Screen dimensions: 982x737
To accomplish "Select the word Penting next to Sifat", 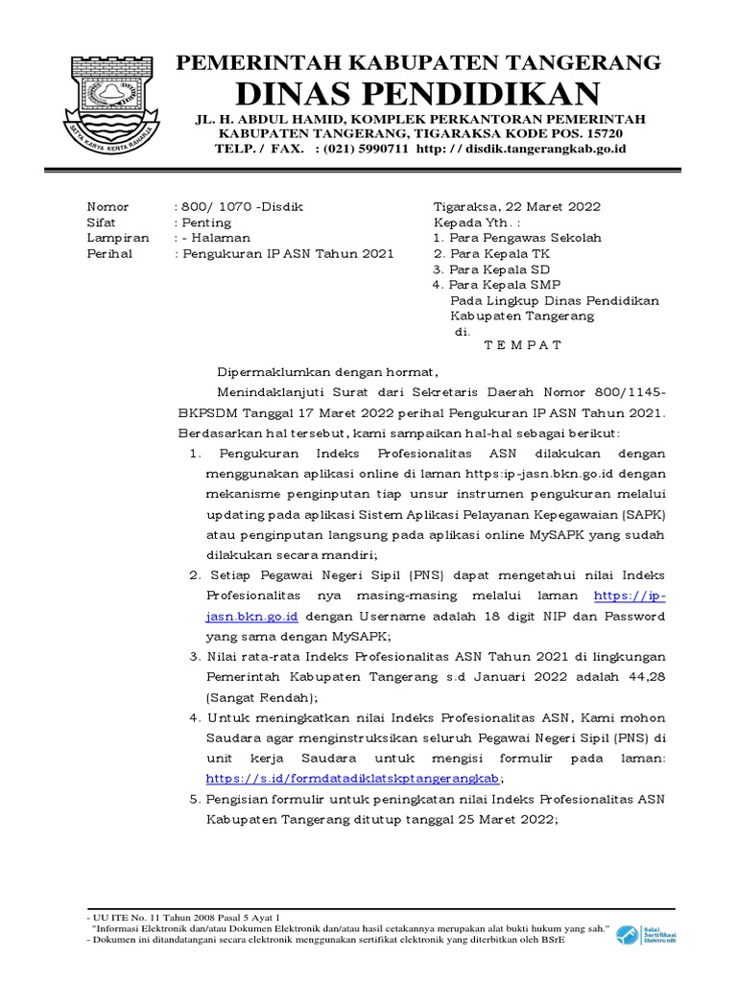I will tap(207, 222).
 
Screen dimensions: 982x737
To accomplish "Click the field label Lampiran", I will tap(116, 238).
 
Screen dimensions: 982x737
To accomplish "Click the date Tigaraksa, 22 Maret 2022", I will tap(517, 207).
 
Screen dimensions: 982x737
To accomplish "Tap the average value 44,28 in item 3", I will tap(644, 677).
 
